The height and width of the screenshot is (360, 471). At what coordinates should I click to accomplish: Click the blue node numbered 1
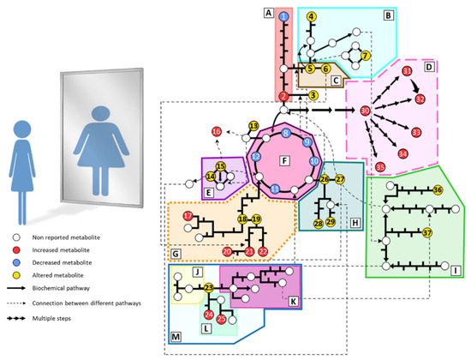click(x=283, y=16)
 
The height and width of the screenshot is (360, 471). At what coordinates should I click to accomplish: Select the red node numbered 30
click(x=365, y=111)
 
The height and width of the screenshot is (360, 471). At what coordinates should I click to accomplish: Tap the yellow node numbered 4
click(x=312, y=16)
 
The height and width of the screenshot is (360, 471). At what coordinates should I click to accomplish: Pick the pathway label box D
click(x=431, y=64)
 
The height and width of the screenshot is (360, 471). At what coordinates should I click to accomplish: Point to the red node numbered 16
click(x=216, y=132)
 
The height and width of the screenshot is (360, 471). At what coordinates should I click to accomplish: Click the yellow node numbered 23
click(x=208, y=288)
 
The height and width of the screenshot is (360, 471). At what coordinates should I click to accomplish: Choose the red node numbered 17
click(x=187, y=216)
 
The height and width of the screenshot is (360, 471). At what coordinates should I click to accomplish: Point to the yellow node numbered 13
click(x=253, y=126)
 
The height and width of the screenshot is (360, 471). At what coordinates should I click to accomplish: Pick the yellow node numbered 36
click(x=438, y=189)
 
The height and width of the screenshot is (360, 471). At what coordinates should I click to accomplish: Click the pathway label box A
click(x=268, y=13)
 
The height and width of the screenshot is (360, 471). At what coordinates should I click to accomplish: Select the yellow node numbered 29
click(x=331, y=223)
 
